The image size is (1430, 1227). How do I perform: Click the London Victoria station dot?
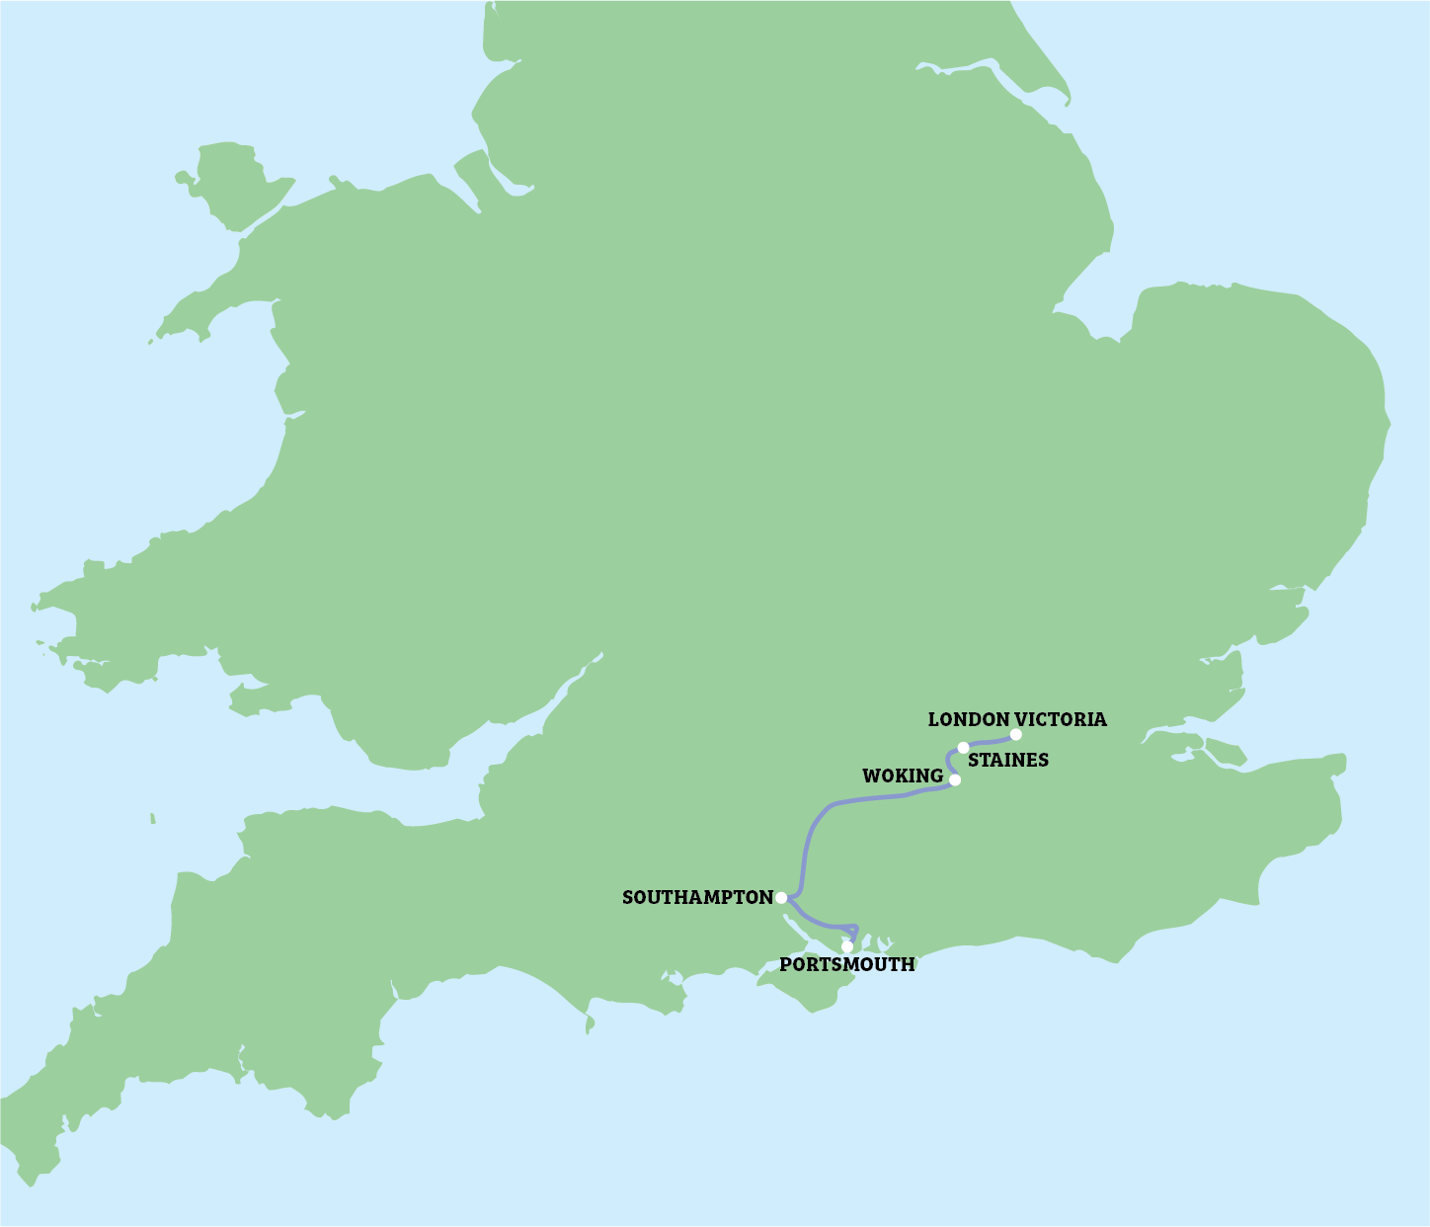tap(1015, 734)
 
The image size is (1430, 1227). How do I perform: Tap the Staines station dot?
tap(963, 747)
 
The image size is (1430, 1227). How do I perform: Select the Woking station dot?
tap(955, 779)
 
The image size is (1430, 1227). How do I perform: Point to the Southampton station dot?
tap(781, 897)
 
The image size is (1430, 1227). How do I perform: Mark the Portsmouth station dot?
tap(846, 946)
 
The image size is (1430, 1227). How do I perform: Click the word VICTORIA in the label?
tap(1062, 719)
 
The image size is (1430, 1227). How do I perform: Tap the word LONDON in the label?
tap(969, 719)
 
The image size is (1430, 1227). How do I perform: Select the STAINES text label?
tap(1008, 761)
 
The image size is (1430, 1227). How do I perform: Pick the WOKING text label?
tap(903, 777)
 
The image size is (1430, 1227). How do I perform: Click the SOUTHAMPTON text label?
tap(697, 897)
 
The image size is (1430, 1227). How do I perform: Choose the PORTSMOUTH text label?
tap(847, 965)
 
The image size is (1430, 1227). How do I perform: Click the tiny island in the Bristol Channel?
tap(153, 818)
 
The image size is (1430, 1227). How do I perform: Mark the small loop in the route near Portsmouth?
tap(854, 931)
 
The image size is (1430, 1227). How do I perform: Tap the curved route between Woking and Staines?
tap(948, 762)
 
